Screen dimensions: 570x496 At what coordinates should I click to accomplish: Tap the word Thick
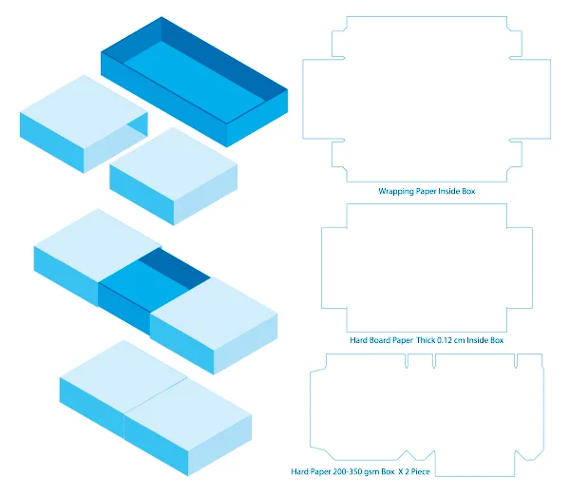[x=426, y=340]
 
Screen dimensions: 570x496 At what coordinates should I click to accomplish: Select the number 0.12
[x=445, y=340]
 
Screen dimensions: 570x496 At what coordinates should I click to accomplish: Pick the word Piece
[x=421, y=471]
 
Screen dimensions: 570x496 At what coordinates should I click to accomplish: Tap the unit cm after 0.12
[x=459, y=341]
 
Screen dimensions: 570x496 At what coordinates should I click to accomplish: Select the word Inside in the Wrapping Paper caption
[x=449, y=191]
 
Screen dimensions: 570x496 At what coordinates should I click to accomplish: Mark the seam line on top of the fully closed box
[x=156, y=395]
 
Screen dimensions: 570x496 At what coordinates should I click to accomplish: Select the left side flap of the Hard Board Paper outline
[x=334, y=268]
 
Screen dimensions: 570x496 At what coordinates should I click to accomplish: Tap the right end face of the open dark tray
[x=257, y=118]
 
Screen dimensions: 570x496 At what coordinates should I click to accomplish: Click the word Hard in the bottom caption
[x=299, y=471]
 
